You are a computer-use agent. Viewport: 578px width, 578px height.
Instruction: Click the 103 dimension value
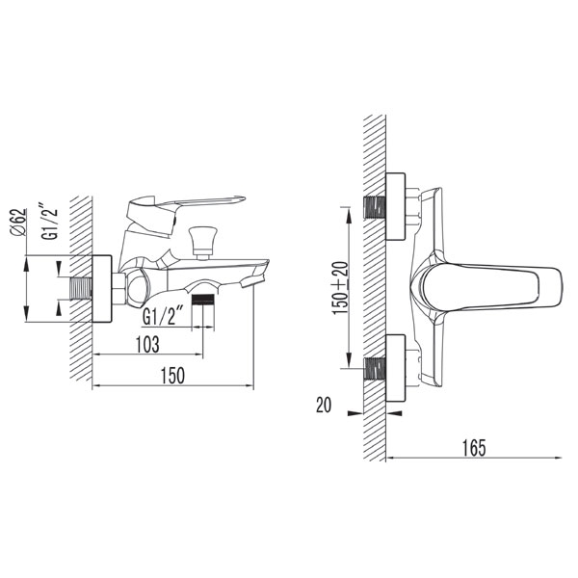tap(147, 345)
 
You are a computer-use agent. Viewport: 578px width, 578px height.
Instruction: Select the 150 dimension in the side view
tap(172, 376)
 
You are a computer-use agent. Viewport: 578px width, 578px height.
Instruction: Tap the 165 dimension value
tap(474, 448)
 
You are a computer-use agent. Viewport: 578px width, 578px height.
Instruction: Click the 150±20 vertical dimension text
tap(340, 288)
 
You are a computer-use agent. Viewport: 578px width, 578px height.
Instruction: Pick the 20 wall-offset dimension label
tap(324, 405)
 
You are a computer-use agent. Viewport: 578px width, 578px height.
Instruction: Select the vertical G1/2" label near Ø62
tap(49, 224)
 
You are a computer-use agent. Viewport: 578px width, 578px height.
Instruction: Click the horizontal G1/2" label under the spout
tap(163, 317)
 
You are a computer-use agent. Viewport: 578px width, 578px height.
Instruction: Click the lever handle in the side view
tap(184, 216)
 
